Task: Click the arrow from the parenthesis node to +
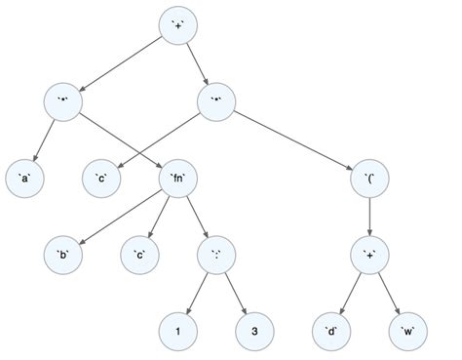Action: [x=370, y=214]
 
